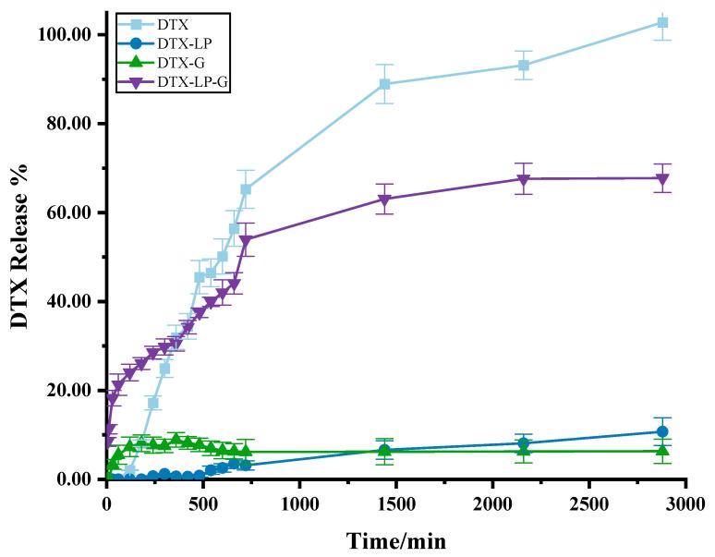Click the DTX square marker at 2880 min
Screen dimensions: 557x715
661,22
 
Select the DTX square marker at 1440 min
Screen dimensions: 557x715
384,84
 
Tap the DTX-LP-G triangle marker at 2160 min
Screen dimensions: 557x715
523,179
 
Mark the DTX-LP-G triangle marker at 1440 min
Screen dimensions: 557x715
384,200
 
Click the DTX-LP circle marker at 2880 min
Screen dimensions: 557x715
661,431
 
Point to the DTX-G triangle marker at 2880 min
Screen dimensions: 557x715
661,450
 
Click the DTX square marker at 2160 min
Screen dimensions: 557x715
523,66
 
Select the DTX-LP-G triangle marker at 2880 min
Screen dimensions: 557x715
661,178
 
